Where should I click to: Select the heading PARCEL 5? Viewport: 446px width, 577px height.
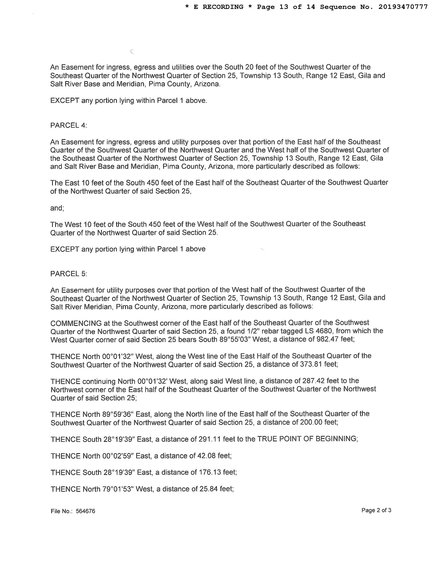coord(68,274)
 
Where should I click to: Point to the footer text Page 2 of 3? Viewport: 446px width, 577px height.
coord(376,510)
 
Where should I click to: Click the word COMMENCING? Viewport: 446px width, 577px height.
coord(76,323)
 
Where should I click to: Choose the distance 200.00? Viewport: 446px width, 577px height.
coord(311,422)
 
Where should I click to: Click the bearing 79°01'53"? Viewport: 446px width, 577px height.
coord(118,489)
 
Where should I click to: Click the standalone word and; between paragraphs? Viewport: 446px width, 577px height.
coord(57,208)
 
